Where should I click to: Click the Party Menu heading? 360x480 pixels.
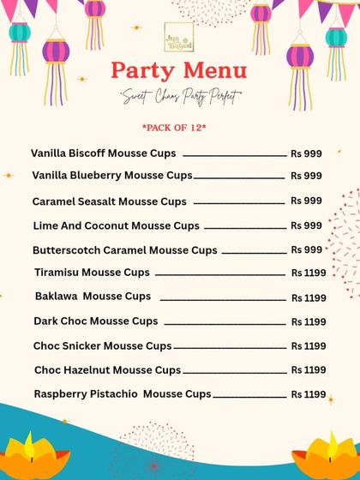180,69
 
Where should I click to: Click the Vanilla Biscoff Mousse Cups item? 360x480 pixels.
104,153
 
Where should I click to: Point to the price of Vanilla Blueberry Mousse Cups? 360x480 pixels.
306,176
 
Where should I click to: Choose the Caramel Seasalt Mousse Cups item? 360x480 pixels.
110,202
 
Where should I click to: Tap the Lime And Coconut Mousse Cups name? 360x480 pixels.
116,226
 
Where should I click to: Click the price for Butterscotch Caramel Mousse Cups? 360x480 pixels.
306,249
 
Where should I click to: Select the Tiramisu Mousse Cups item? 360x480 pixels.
93,273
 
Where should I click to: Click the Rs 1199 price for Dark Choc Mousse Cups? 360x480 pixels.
309,322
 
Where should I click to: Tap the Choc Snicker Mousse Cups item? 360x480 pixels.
103,346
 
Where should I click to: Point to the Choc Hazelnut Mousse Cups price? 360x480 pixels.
309,370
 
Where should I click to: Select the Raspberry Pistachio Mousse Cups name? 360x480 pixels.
123,394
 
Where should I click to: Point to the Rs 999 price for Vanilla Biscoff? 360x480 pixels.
306,154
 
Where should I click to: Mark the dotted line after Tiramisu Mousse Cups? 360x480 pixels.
221,274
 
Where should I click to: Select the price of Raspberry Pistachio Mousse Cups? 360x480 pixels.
309,395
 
